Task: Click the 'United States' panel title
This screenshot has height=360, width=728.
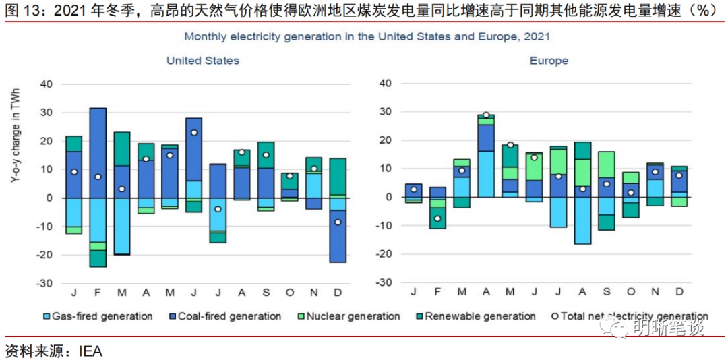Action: pos(203,61)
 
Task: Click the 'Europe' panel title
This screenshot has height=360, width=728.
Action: pos(549,61)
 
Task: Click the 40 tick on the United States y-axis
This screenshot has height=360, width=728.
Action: pos(47,84)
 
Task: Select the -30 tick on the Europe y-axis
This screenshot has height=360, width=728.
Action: pos(384,283)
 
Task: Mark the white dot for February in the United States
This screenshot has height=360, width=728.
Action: pos(98,177)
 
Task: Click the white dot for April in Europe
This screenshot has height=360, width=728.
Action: pos(485,115)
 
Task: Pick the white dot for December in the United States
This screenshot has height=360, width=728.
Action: pos(338,222)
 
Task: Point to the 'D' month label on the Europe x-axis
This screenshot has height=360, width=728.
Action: pos(679,291)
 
